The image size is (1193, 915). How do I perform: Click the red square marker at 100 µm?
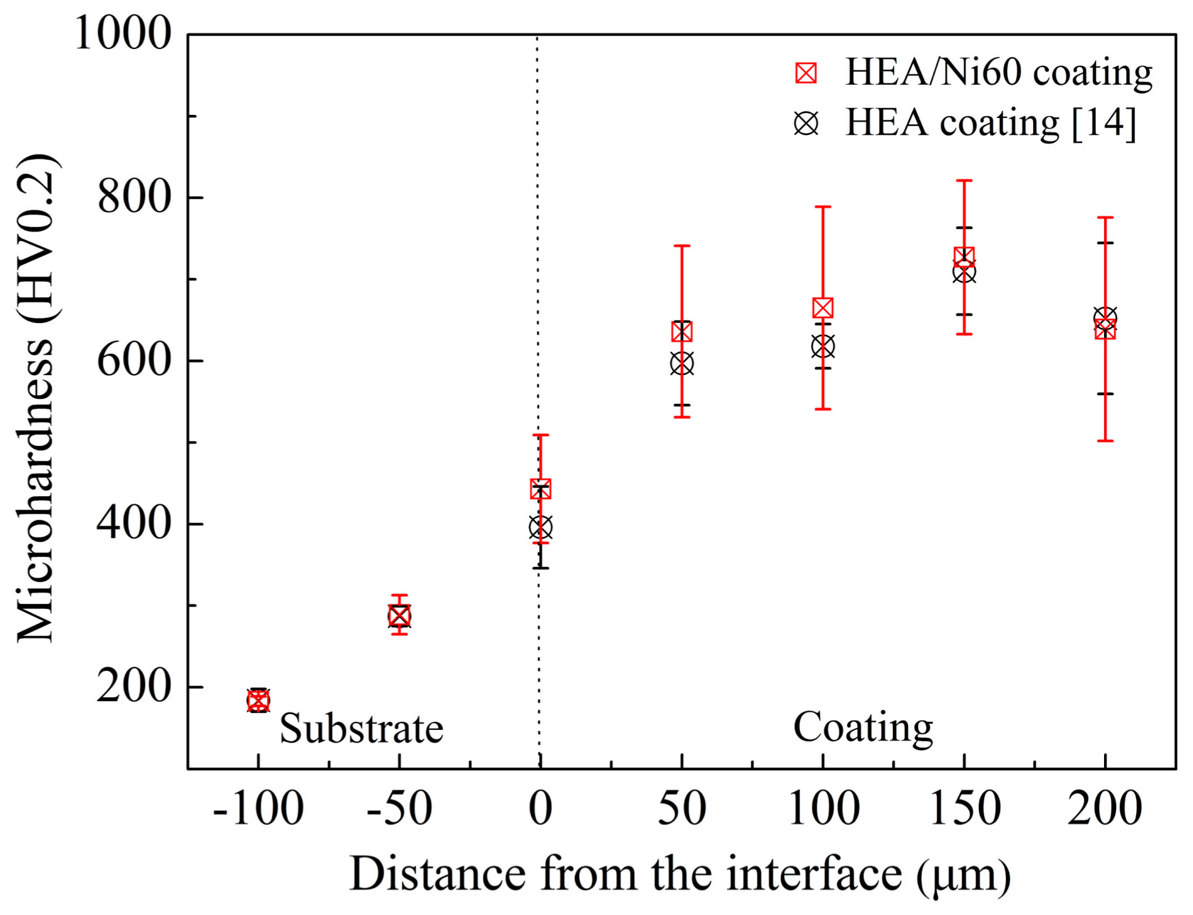click(x=823, y=308)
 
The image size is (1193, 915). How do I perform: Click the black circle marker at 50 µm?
click(x=682, y=364)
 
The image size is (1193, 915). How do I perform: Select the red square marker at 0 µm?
click(x=541, y=489)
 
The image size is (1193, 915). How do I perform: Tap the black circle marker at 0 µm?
click(x=541, y=528)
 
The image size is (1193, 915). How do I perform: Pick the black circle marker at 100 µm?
click(x=823, y=347)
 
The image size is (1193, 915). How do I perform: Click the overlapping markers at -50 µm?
click(x=399, y=616)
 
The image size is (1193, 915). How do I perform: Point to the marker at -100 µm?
click(x=258, y=701)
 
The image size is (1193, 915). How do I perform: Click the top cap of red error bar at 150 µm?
click(x=964, y=181)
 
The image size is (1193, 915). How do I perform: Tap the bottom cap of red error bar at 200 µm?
click(x=1105, y=441)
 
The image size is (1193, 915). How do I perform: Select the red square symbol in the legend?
click(x=806, y=73)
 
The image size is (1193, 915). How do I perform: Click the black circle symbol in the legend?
click(x=806, y=124)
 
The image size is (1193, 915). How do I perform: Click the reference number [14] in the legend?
click(x=1103, y=124)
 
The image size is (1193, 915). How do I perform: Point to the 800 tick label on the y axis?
click(x=134, y=197)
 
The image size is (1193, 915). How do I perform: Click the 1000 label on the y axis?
click(x=123, y=33)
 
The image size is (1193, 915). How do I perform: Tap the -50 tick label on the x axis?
click(x=399, y=810)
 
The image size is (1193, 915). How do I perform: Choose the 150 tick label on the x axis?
click(x=964, y=810)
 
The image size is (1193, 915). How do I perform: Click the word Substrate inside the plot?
click(x=361, y=729)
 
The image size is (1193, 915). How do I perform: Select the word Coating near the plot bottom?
click(x=863, y=727)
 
